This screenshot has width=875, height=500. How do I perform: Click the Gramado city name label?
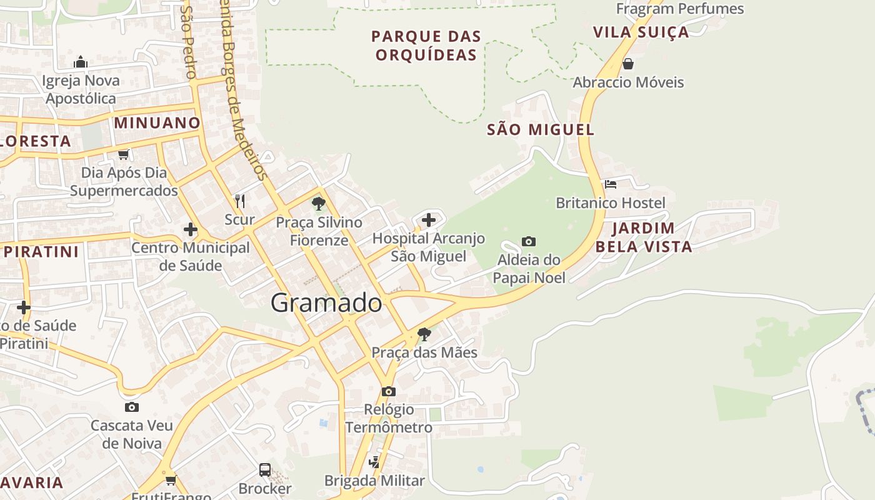[x=326, y=303]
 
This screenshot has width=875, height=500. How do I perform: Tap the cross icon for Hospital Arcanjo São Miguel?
[x=429, y=219]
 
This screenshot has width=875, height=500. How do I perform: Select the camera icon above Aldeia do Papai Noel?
[x=529, y=241]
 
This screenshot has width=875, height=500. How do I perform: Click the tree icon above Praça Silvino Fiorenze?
[x=319, y=203]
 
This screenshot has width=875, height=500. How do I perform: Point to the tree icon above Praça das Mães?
[x=424, y=334]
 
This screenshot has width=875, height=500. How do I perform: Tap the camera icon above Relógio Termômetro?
[x=389, y=391]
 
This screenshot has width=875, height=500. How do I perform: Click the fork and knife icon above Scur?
[x=240, y=201]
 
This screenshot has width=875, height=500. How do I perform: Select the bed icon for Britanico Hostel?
[x=611, y=184]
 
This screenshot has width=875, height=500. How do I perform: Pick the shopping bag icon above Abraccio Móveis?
[x=628, y=64]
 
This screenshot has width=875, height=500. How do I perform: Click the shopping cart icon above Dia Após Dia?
[x=124, y=154]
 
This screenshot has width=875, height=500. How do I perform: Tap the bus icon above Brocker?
[x=265, y=469]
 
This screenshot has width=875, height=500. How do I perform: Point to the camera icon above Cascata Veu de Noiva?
[x=131, y=407]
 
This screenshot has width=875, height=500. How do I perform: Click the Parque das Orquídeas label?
[x=426, y=46]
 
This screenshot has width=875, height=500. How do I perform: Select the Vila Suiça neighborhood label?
[x=641, y=32]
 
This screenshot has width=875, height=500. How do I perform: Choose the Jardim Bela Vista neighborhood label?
[x=644, y=237]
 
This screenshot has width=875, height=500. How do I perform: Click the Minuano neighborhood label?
[x=157, y=122]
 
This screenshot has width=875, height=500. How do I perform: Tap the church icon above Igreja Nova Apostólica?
[x=81, y=62]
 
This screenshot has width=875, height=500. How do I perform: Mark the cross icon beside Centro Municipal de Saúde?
[x=191, y=229]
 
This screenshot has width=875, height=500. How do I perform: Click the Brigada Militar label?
[x=374, y=481]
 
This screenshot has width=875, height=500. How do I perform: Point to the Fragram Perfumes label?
[x=680, y=9]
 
